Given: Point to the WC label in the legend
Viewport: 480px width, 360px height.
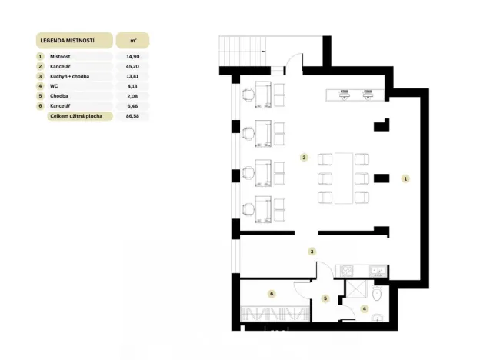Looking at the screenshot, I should pyautogui.click(x=53, y=86).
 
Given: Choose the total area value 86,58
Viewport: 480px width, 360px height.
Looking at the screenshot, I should pyautogui.click(x=132, y=116).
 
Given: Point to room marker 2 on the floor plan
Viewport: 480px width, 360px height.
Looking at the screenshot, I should pyautogui.click(x=305, y=158).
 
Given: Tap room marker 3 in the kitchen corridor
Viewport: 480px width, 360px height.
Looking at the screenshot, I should pyautogui.click(x=312, y=251).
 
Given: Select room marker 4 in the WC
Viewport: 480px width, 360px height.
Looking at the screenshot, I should pyautogui.click(x=365, y=308).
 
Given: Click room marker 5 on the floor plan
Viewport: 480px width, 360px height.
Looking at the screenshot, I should pyautogui.click(x=325, y=298).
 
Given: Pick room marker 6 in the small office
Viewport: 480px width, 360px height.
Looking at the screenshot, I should pyautogui.click(x=272, y=293).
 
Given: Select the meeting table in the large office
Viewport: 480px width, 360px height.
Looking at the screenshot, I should pyautogui.click(x=344, y=178).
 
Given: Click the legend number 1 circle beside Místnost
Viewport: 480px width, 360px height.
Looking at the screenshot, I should pyautogui.click(x=39, y=56).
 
